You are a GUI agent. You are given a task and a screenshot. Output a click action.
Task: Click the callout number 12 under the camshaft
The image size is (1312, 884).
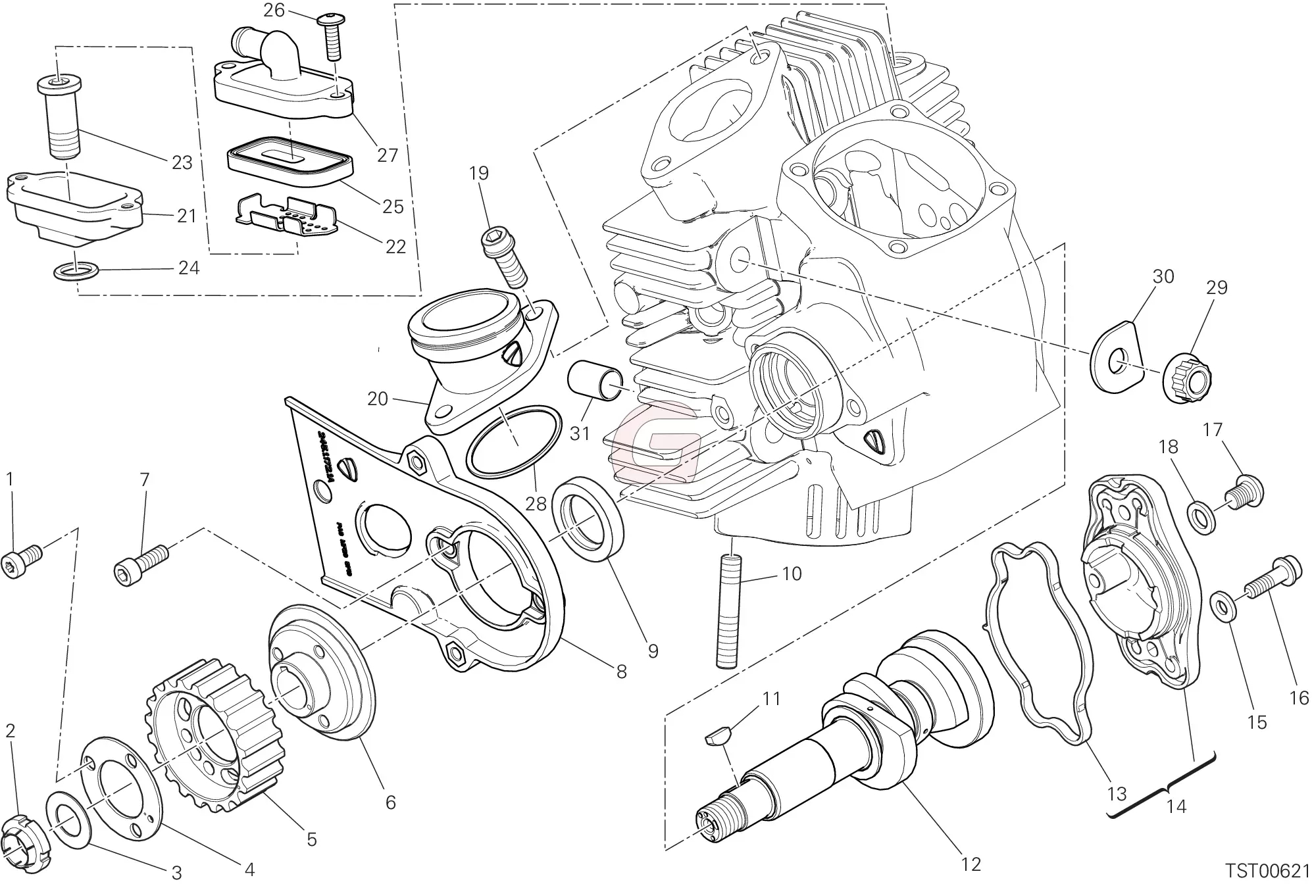(x=971, y=864)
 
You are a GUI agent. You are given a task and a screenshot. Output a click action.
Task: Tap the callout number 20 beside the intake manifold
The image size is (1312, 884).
(x=377, y=399)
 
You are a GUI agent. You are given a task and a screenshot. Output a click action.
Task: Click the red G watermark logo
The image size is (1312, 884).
(x=654, y=441)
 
